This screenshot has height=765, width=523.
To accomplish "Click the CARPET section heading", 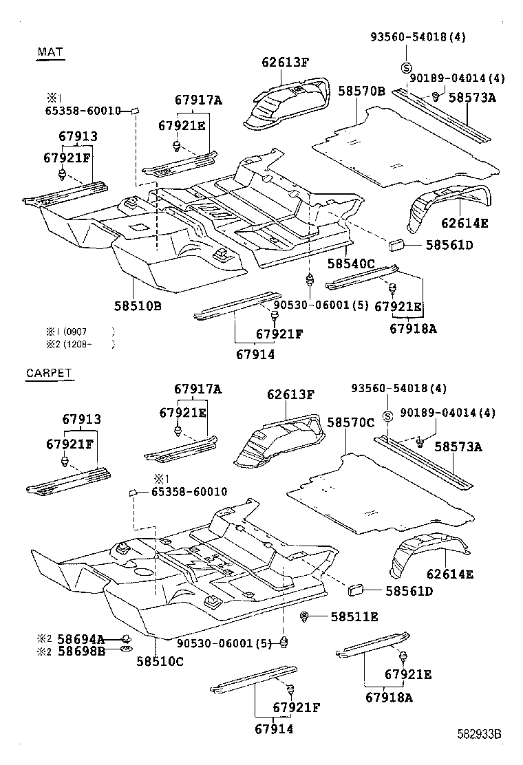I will [49, 374].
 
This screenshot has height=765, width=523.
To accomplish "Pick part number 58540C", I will [351, 263].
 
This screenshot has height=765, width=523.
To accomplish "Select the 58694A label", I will [81, 639].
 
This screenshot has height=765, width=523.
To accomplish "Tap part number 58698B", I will [81, 650].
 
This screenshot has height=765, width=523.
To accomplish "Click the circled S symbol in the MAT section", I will [406, 67].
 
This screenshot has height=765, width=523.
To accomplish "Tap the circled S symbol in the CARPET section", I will [387, 416].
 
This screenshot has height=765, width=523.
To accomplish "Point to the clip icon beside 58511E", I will [304, 616].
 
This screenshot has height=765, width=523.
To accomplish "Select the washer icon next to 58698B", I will [126, 649].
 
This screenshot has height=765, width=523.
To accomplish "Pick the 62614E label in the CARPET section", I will [449, 574].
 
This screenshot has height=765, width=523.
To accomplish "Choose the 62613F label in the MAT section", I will [285, 63].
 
